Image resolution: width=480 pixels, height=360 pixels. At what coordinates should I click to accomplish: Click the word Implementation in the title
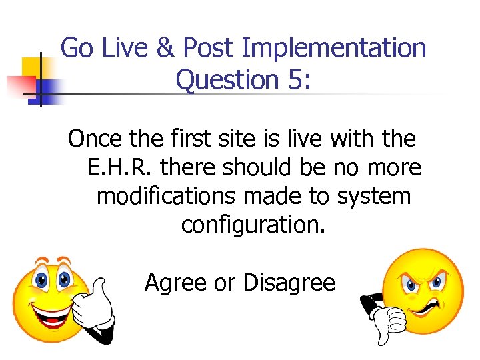click(x=334, y=48)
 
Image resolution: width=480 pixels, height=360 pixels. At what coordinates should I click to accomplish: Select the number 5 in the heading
click(x=295, y=80)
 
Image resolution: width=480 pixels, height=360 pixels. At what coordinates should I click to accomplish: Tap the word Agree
click(x=176, y=283)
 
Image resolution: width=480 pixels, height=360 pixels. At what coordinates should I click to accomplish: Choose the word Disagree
click(x=289, y=283)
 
